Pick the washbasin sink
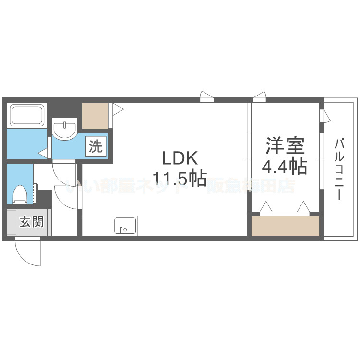click(64, 129)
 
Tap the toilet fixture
click(20, 194)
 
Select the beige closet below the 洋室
click(285, 226)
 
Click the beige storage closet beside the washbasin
click(95, 115)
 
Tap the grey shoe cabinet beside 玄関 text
click(11, 223)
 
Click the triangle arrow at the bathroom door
click(43, 154)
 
